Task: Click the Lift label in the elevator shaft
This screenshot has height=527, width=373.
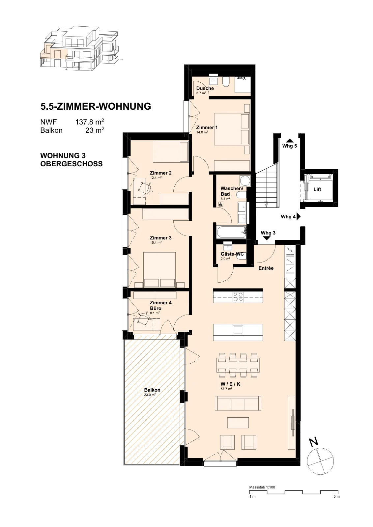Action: coord(317,189)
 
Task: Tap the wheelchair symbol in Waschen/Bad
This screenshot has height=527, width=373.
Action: coord(221,204)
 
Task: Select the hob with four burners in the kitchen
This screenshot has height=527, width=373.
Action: coord(238,297)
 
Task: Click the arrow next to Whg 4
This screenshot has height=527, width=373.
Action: coord(299,216)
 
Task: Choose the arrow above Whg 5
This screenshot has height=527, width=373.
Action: coord(290,140)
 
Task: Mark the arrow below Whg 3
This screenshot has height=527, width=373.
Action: coord(267,238)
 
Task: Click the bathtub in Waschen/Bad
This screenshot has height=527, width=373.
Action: coord(232,232)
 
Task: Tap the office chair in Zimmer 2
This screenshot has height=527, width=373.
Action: coord(144,188)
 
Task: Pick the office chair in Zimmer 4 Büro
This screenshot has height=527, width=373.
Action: coord(144,320)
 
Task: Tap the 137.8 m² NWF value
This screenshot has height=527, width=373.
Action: coord(89,122)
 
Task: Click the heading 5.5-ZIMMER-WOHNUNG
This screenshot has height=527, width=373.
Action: coord(96,107)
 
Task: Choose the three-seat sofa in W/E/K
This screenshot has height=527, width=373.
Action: coord(238,403)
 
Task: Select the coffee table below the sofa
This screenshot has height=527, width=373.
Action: coord(238,422)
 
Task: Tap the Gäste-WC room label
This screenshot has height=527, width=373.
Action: coord(232,254)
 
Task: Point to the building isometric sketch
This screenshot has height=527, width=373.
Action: coord(79,49)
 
